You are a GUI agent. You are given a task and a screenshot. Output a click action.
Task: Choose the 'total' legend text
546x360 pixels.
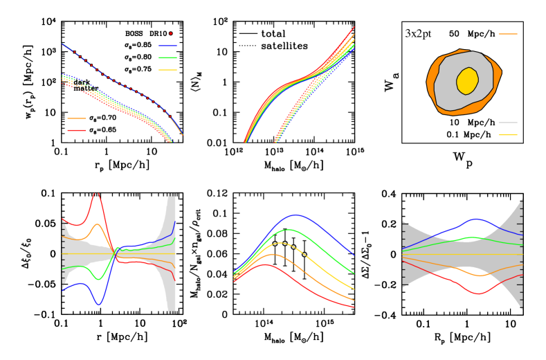pos(270,33)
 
